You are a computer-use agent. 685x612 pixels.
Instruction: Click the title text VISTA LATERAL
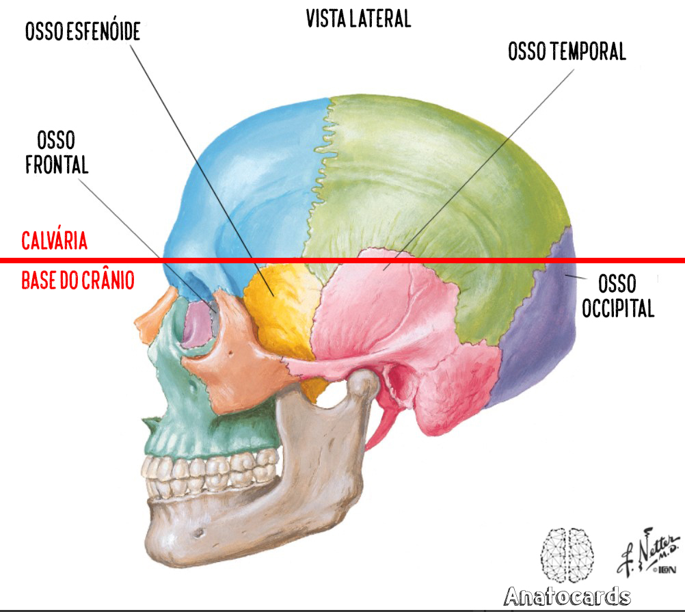point(358,19)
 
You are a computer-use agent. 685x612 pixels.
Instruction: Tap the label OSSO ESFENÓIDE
point(83,31)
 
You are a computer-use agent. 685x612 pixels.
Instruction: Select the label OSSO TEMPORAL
point(567,51)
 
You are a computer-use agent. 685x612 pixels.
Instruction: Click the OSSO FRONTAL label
point(57,153)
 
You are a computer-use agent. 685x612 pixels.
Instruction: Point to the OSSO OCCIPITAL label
point(617,295)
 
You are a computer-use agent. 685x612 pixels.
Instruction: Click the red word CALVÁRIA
point(55,241)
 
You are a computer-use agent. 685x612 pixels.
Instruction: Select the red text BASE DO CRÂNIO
point(78,280)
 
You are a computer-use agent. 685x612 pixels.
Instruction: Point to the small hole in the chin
point(200,532)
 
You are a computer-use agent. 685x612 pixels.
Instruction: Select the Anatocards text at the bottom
point(567,596)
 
